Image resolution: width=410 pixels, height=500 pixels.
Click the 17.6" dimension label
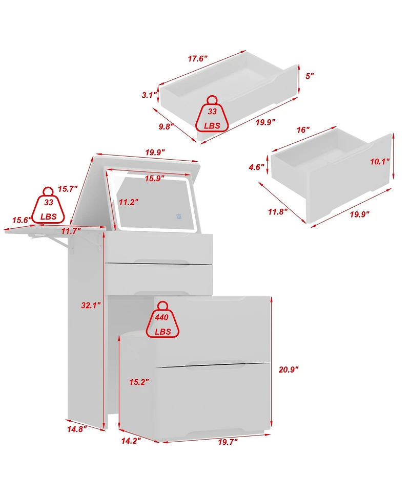point(198,59)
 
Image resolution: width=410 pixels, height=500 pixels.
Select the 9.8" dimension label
point(167,126)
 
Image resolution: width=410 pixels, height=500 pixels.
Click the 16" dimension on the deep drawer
point(303,130)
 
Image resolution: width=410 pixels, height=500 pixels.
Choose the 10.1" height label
point(380,162)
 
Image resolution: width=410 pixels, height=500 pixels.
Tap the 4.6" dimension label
point(256,167)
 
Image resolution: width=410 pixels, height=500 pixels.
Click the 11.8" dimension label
point(278,211)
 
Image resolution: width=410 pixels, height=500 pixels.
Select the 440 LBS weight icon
point(163,320)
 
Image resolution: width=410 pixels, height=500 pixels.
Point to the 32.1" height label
point(91,305)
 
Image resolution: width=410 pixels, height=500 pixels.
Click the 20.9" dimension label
point(289,369)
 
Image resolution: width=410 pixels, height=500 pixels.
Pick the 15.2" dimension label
point(139,382)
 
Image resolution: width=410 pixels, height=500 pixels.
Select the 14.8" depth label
point(77,429)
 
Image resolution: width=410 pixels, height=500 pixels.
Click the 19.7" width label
point(228,442)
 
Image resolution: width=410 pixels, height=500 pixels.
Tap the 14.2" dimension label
point(131,441)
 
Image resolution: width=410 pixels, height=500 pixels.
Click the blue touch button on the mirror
point(179,217)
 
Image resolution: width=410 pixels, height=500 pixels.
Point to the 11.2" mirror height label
point(129,202)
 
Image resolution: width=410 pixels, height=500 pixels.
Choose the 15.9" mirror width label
point(155,179)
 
